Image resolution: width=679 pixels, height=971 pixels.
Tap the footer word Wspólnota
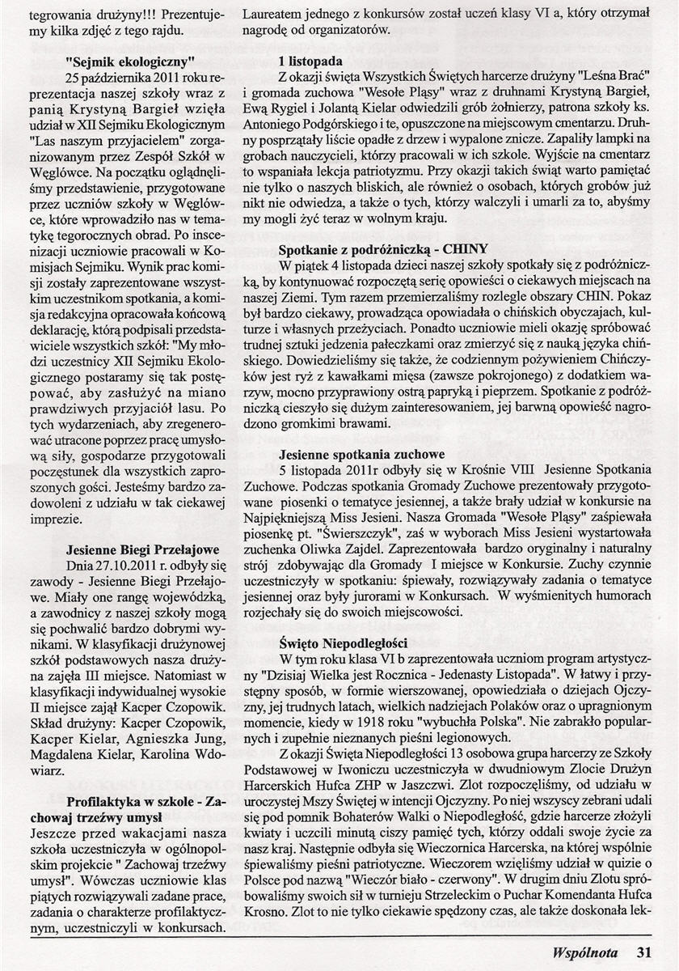589,952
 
